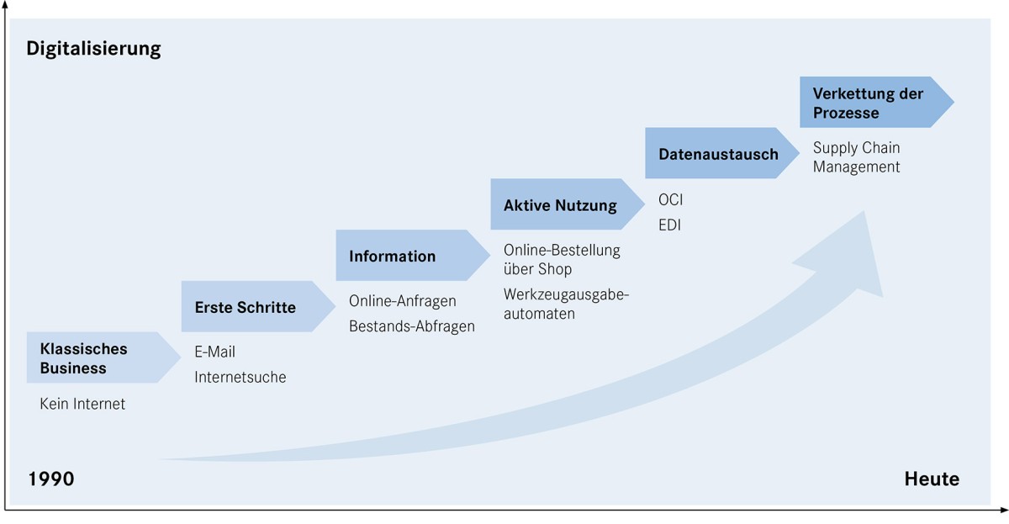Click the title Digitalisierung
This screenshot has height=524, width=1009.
tap(93, 48)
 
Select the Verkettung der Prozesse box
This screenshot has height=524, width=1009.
tap(870, 103)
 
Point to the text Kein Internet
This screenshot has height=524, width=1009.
tap(82, 404)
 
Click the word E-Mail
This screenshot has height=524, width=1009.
tap(215, 352)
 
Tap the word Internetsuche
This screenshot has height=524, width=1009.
tap(240, 377)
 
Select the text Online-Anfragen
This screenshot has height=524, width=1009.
tap(403, 301)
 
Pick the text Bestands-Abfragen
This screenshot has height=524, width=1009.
tap(412, 326)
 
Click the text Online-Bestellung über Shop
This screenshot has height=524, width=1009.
tap(562, 259)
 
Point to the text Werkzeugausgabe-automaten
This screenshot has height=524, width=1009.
tap(566, 304)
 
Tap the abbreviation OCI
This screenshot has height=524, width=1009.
tap(671, 200)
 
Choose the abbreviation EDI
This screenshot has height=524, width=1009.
tap(670, 225)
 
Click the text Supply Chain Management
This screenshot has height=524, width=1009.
tap(856, 157)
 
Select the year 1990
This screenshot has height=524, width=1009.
tap(51, 479)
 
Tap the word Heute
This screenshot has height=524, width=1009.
tap(932, 479)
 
